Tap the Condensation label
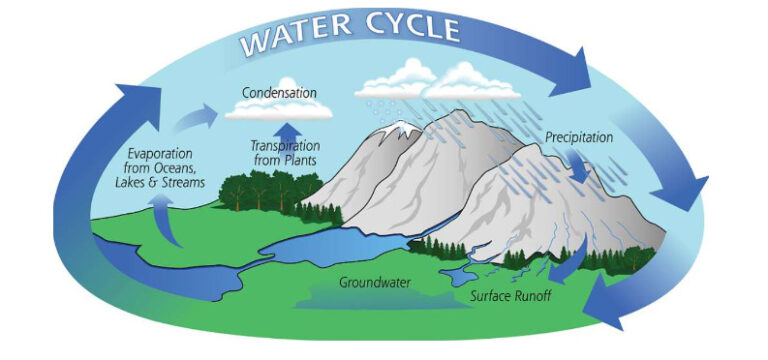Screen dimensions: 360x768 [x=279, y=91]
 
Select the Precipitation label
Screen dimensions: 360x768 [x=579, y=137]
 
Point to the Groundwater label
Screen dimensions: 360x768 [x=376, y=283]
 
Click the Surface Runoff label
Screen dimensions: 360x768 [x=511, y=296]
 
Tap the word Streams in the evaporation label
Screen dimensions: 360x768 [x=180, y=183]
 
